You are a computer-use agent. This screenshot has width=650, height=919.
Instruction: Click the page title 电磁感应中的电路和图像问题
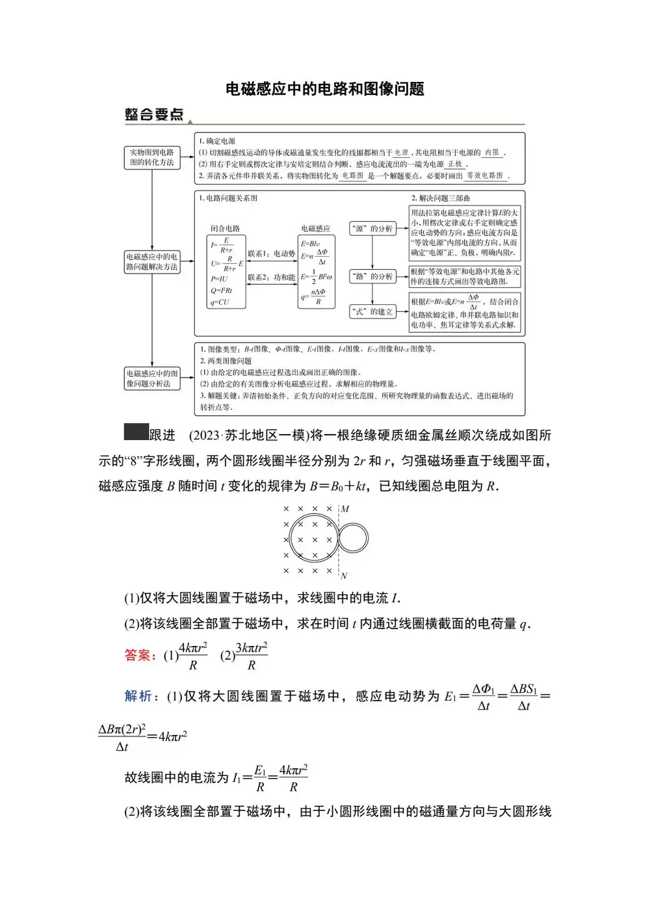324,88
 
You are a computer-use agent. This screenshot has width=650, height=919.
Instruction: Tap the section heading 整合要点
154,115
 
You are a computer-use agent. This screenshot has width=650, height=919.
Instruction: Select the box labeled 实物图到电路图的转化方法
151,157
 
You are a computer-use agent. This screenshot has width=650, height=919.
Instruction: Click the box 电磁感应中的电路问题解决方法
151,262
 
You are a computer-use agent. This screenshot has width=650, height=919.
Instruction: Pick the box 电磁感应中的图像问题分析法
151,378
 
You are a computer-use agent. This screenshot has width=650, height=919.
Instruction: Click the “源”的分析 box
372,229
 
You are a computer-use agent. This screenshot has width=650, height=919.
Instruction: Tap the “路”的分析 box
372,277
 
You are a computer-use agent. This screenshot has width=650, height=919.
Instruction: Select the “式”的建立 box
372,312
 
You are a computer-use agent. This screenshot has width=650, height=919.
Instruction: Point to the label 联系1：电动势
271,253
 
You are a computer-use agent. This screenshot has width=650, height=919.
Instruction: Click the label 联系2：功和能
271,278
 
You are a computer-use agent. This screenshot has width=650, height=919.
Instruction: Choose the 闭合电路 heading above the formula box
225,228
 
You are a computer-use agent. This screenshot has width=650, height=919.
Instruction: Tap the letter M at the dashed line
345,509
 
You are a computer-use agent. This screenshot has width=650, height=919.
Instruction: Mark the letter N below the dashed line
344,576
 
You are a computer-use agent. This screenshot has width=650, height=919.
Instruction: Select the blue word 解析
138,696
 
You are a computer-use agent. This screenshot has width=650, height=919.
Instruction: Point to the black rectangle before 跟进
136,432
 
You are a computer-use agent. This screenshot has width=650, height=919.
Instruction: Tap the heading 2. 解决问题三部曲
440,198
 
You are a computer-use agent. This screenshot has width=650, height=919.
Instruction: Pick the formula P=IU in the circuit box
219,279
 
